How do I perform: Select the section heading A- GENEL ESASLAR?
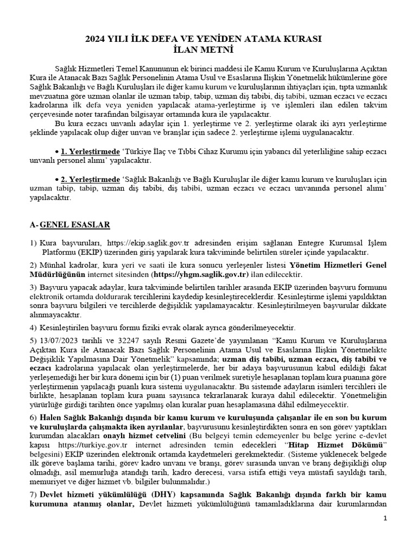pos(70,224)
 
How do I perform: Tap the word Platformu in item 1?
pos(60,252)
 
